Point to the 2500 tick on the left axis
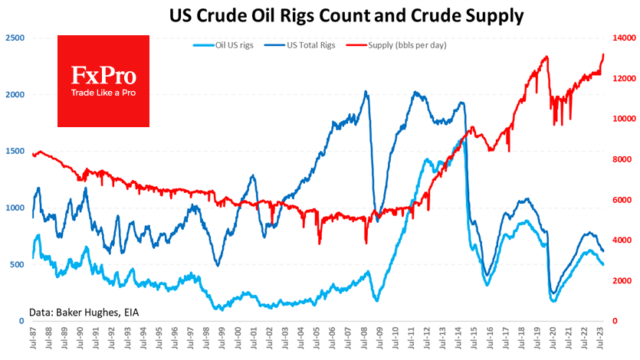coord(14,38)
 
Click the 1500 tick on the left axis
coord(14,151)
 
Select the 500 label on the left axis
coord(16,264)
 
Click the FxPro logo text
coord(103,76)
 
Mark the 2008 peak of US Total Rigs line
coord(366,92)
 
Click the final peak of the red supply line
coord(603,54)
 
